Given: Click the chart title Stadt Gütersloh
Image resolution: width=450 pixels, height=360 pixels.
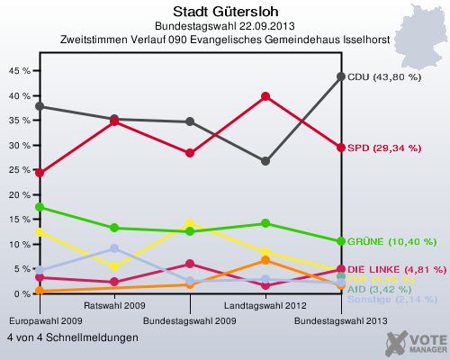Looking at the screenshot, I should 224,10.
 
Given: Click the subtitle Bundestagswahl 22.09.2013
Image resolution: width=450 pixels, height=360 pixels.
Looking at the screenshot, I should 224,25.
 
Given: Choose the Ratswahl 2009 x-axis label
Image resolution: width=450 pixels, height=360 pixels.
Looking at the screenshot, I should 113,306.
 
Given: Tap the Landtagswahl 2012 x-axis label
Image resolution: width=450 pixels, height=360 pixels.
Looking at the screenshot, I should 265,306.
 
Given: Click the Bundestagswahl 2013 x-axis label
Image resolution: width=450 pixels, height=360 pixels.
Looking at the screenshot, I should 341,320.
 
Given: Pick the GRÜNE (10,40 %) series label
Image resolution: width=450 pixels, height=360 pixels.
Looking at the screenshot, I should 391,242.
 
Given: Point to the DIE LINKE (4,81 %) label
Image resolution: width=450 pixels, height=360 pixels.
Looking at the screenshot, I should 396,269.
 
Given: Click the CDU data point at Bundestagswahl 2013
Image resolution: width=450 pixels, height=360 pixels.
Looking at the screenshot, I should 341,76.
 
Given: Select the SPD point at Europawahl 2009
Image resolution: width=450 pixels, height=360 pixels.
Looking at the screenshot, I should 39,173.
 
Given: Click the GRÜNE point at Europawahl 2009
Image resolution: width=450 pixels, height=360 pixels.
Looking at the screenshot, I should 39,207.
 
